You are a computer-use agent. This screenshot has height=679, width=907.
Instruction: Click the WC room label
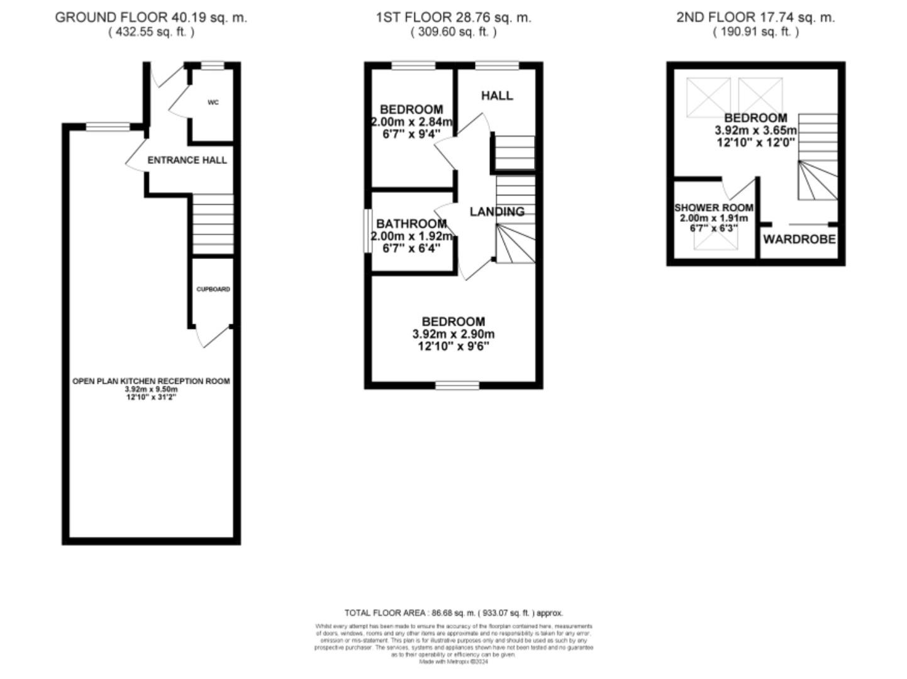tap(213, 102)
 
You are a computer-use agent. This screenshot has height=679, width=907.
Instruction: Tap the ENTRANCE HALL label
tap(187, 160)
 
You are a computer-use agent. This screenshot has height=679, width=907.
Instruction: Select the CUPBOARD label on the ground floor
tap(213, 289)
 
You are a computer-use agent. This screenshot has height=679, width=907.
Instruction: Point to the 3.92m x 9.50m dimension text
tap(151, 389)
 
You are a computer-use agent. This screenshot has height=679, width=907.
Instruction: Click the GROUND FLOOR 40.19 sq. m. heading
tap(151, 18)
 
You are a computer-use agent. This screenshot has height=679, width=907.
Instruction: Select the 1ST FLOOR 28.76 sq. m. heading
tap(454, 18)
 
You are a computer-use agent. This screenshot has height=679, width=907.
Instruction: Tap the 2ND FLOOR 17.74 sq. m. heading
tap(755, 18)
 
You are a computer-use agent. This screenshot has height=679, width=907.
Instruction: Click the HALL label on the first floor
tap(497, 96)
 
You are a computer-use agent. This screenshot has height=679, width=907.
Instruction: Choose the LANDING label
tap(497, 212)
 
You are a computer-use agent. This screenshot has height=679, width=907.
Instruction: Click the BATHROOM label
tap(411, 224)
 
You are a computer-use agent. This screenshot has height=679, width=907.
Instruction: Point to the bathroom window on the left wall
tap(367, 231)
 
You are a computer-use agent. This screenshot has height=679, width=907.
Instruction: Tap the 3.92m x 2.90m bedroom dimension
tap(454, 334)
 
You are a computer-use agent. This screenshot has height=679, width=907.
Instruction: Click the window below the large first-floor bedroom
tap(457, 385)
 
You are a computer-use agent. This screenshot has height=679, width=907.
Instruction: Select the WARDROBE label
tap(799, 240)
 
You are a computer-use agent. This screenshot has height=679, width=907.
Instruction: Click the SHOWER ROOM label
tap(714, 207)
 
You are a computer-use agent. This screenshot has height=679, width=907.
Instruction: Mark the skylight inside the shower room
tap(716, 241)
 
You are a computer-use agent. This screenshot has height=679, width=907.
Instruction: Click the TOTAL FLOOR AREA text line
tap(454, 612)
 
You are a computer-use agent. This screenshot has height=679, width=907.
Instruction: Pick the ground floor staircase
tap(213, 224)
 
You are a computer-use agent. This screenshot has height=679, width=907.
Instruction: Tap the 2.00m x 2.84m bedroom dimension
tap(411, 122)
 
